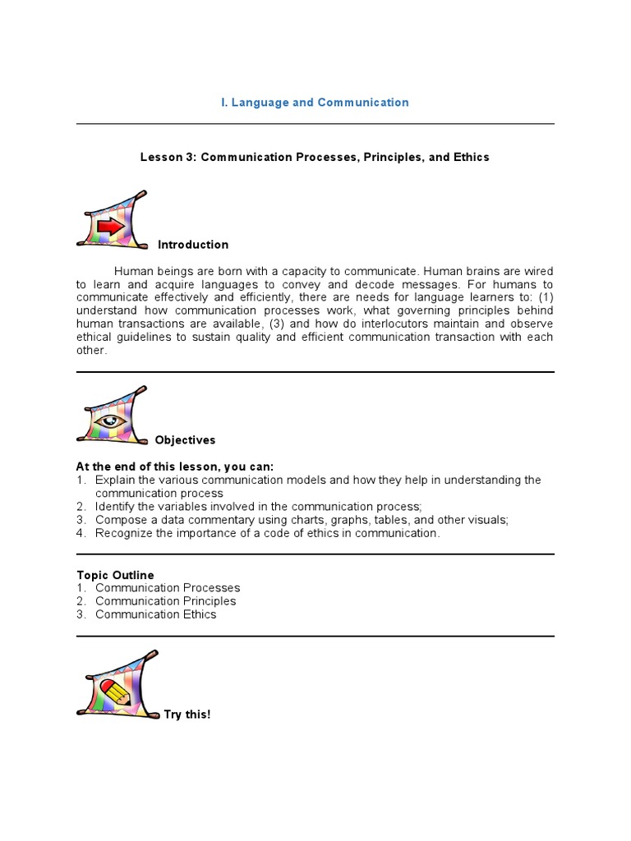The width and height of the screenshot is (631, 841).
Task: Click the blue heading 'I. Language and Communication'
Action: [315, 103]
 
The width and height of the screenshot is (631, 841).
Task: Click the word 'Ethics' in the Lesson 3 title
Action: [471, 157]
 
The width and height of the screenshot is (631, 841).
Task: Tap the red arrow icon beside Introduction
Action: [110, 225]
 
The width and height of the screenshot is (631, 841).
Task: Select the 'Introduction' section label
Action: [193, 245]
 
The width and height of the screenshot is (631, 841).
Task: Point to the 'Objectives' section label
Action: [185, 440]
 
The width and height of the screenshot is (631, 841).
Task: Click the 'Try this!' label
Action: [187, 715]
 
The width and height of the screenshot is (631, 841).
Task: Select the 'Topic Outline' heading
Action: [115, 575]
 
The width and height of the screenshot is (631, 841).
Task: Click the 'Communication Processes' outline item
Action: [168, 588]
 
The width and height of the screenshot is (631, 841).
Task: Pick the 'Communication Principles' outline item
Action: [165, 601]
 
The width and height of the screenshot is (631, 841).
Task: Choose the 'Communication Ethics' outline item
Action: [156, 614]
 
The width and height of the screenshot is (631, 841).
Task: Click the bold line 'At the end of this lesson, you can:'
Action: [175, 466]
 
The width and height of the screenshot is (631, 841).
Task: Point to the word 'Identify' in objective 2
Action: [114, 507]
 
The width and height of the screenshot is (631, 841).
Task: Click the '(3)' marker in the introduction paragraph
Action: [279, 324]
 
